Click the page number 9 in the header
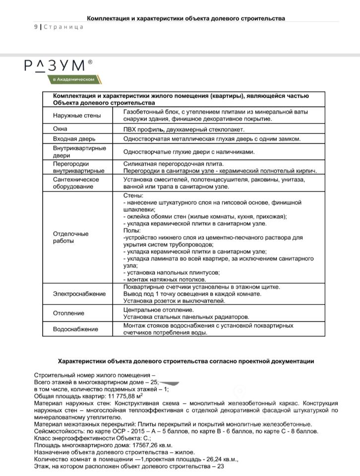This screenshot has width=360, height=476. [x=36, y=27]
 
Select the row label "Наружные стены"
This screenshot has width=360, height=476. [x=77, y=116]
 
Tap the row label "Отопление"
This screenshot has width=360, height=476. [x=68, y=313]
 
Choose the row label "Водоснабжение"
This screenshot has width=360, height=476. [x=75, y=329]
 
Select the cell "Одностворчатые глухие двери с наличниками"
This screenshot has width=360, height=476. [x=190, y=152]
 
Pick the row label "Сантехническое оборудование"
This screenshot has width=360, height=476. [x=76, y=183]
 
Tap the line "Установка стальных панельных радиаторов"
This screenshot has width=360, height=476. [x=186, y=317]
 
